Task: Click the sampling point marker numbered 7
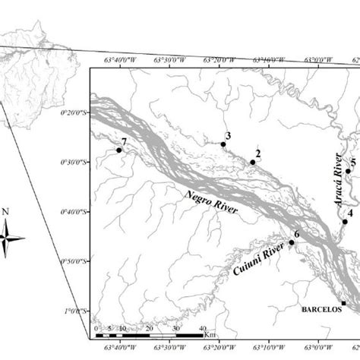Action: [x=119, y=150]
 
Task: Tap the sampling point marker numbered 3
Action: [x=223, y=144]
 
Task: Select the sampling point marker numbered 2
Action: [x=253, y=162]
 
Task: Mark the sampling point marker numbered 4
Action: [x=344, y=222]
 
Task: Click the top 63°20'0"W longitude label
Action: [x=221, y=60]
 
